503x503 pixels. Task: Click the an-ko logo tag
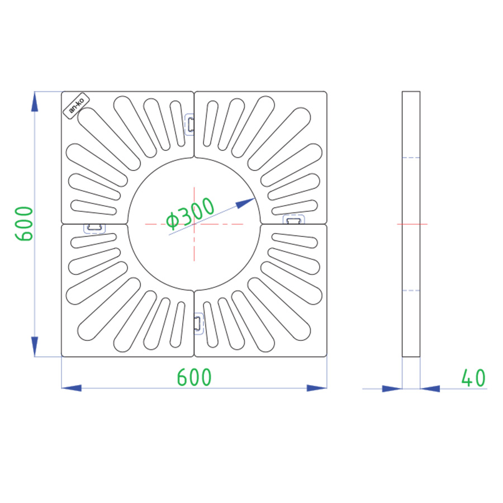[77, 106]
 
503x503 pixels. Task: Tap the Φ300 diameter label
[190, 213]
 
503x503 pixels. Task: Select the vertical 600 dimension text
[24, 224]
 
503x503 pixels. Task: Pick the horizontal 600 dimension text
[194, 377]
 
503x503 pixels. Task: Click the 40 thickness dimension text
[473, 378]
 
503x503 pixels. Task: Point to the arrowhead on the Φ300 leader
[245, 203]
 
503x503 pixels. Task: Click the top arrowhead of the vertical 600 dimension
[35, 101]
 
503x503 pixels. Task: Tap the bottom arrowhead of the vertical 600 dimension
[35, 347]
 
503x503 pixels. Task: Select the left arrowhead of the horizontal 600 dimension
[71, 388]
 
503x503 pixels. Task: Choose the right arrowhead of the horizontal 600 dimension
[317, 388]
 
